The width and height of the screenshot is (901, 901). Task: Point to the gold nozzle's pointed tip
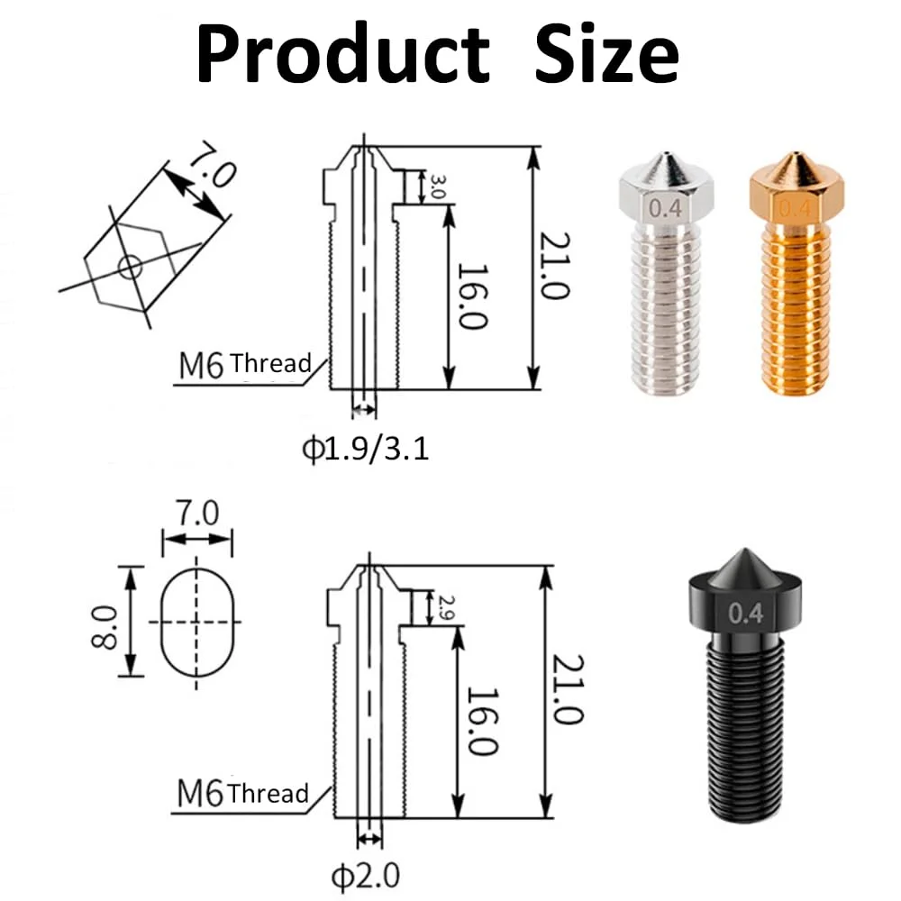click(794, 162)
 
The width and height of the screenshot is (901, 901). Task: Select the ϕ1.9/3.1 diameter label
click(365, 448)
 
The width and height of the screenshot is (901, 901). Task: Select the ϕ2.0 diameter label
click(363, 874)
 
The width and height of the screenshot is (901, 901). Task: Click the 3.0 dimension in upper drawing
click(440, 187)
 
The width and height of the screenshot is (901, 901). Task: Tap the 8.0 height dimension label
click(105, 621)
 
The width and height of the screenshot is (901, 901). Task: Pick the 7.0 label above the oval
click(196, 514)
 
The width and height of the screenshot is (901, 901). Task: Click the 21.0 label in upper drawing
click(555, 268)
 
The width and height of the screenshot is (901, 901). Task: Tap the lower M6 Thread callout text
click(241, 795)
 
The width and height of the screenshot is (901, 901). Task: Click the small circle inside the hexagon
click(131, 266)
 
